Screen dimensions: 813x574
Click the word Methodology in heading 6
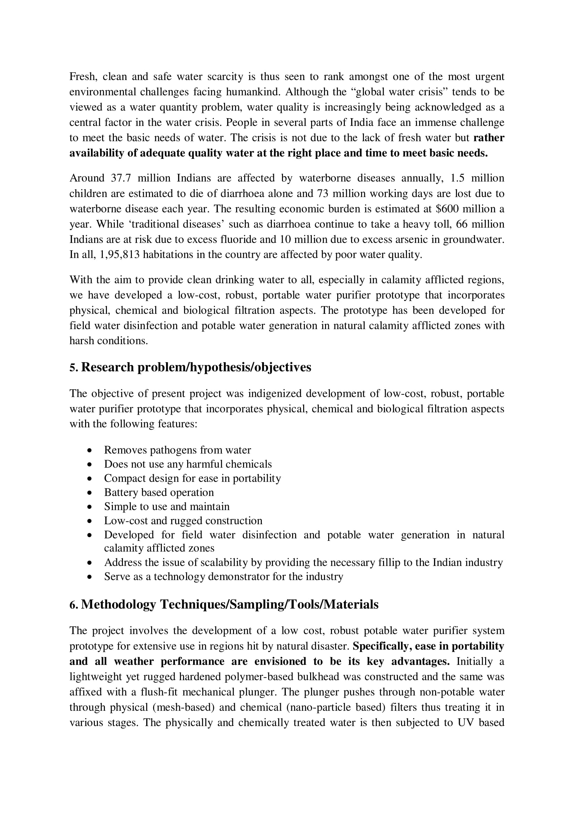[x=118, y=604]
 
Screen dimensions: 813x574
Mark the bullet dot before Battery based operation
[x=90, y=493]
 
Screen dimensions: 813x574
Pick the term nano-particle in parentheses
[x=316, y=707]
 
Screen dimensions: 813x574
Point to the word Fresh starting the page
[x=83, y=77]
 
